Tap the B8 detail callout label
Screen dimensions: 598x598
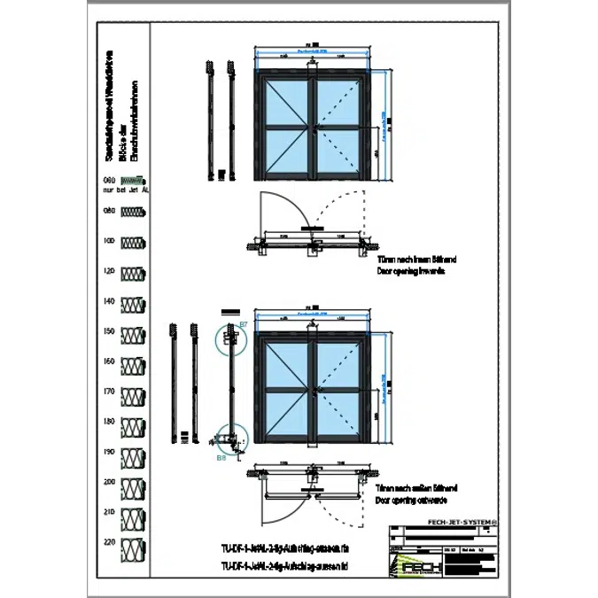click(x=220, y=459)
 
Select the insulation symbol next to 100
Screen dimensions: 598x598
click(x=134, y=242)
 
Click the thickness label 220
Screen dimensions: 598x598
click(x=110, y=541)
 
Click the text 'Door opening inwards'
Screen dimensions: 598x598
click(x=409, y=272)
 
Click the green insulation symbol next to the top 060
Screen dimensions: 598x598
click(x=134, y=180)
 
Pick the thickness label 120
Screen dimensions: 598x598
click(x=110, y=271)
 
